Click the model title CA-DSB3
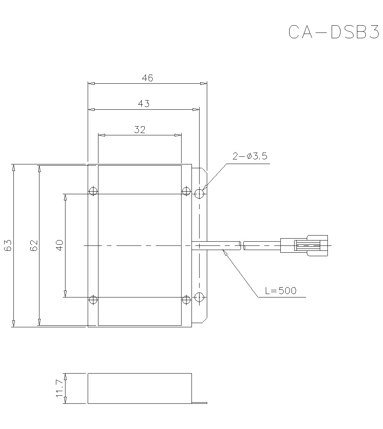click(x=333, y=32)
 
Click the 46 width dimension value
click(x=147, y=78)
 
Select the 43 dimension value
click(x=144, y=104)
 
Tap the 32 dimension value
click(x=140, y=130)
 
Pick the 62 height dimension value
click(x=34, y=245)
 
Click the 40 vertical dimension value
click(x=59, y=245)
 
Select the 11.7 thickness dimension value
click(x=59, y=388)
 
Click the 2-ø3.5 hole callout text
click(x=249, y=156)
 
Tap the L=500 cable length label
click(x=281, y=291)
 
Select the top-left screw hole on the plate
click(x=93, y=191)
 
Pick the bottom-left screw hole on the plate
click(x=93, y=299)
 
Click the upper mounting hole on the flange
click(x=199, y=193)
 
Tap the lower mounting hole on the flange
click(x=199, y=296)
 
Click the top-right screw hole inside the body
click(x=186, y=191)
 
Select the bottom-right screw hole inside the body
click(x=186, y=299)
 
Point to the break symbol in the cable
click(x=242, y=245)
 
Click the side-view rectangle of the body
click(x=139, y=388)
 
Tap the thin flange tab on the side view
click(x=199, y=402)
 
